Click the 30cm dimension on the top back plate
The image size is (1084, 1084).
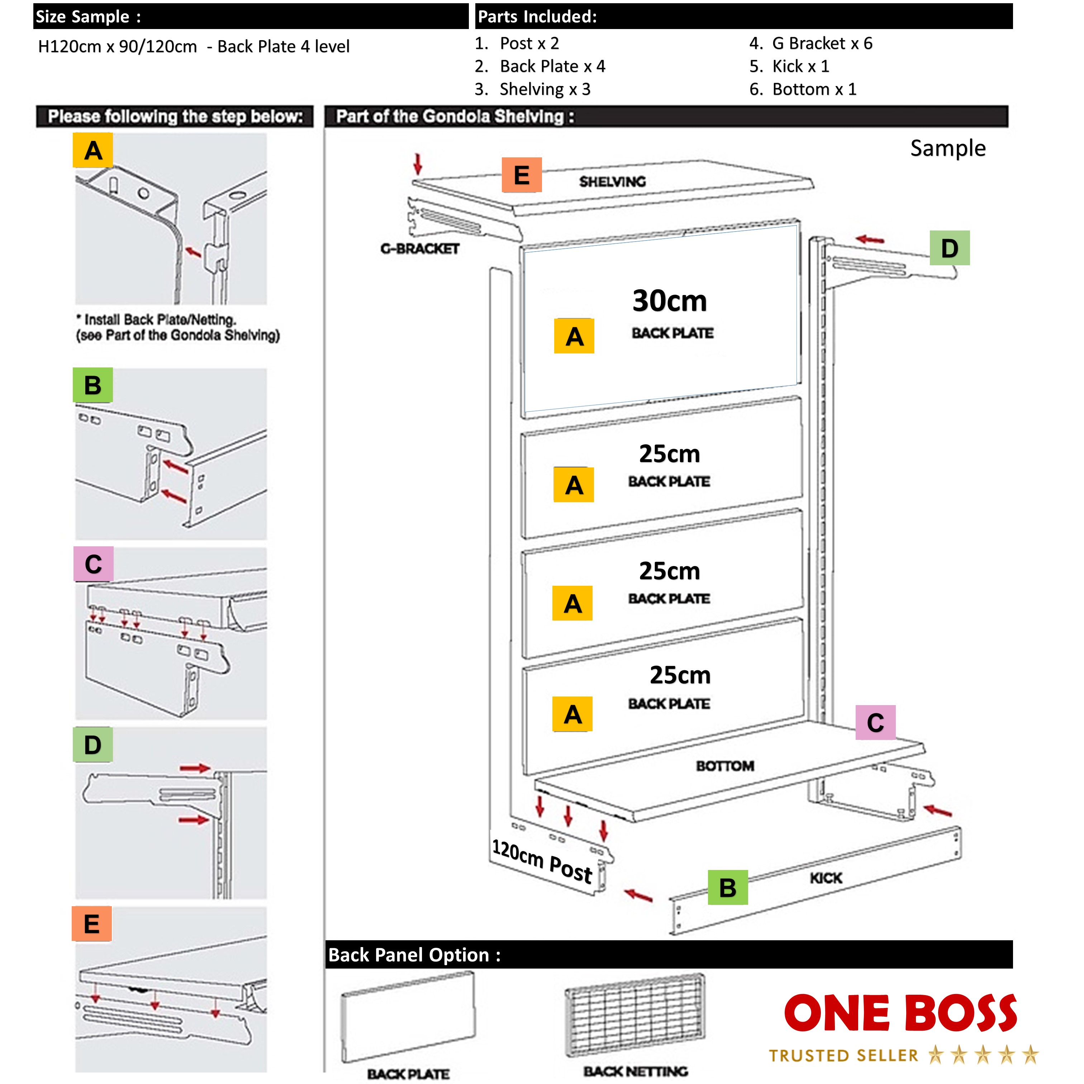(x=669, y=301)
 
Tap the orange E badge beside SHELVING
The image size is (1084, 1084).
(x=521, y=175)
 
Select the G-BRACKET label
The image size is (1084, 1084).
(x=420, y=248)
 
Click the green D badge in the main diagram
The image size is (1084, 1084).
(x=949, y=248)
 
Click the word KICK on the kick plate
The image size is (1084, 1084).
(x=825, y=878)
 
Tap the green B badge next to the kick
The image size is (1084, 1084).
(x=727, y=888)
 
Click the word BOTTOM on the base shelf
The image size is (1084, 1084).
(x=724, y=766)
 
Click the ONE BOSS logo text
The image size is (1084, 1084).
(x=900, y=1014)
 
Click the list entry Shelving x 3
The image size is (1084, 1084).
(x=544, y=89)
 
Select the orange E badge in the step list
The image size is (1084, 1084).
(x=91, y=923)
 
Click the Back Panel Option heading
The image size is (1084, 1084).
(x=414, y=955)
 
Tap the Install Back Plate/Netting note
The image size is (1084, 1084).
(x=177, y=327)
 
